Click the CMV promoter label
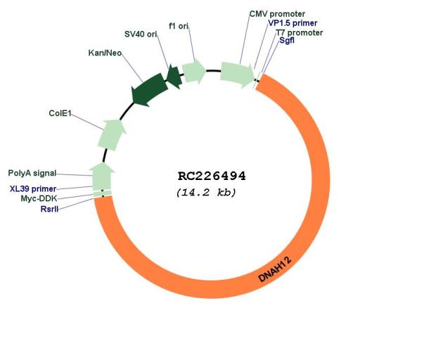point(277,14)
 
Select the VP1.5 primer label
point(293,23)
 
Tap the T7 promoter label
point(300,33)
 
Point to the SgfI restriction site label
point(287,40)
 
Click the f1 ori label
point(179,26)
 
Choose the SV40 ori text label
point(141,34)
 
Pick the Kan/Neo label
point(105,53)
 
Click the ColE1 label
point(60,113)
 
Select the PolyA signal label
point(32,173)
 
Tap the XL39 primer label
point(33,189)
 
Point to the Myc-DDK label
point(39,198)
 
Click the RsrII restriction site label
point(49,209)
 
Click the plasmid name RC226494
point(212,176)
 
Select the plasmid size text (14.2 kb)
point(206,193)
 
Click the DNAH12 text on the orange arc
point(275,269)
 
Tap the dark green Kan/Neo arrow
point(148,90)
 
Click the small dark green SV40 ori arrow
point(174,77)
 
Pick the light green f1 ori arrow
point(194,71)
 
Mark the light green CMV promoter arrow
point(237,75)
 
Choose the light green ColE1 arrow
point(112,134)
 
